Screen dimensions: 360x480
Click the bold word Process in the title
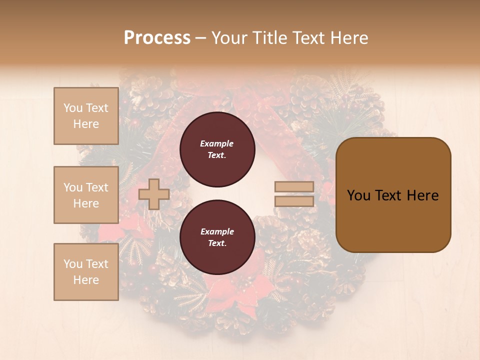point(157,38)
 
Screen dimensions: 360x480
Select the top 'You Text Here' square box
point(86,116)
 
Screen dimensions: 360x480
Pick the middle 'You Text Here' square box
point(86,195)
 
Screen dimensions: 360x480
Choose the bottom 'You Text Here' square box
point(86,272)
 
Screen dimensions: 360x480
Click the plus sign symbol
point(154,194)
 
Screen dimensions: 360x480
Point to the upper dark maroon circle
point(217,149)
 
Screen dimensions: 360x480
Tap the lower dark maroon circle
point(217,237)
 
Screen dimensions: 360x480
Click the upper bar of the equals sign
point(294,187)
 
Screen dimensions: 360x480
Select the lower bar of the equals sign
point(294,201)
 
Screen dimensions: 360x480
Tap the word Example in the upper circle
point(217,143)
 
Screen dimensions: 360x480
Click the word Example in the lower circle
point(217,231)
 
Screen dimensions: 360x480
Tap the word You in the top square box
point(73,108)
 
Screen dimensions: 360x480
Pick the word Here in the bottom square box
point(86,280)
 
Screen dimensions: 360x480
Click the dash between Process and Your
point(200,38)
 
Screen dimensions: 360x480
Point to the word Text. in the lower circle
point(217,243)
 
